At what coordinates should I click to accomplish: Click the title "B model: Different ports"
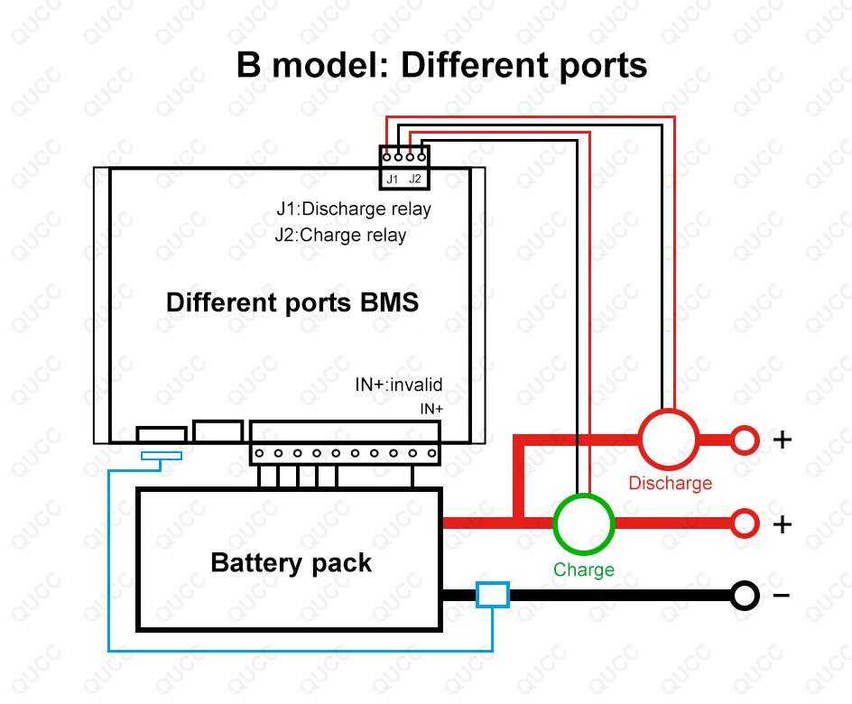tap(441, 65)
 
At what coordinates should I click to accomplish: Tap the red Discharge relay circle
tap(668, 440)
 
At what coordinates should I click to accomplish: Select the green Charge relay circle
tap(583, 523)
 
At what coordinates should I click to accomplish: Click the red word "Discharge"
tap(670, 483)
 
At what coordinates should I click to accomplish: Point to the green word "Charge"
tap(583, 570)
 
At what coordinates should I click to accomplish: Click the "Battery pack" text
tap(291, 562)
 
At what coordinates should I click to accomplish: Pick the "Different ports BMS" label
tap(292, 301)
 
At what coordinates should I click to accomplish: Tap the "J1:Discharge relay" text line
tap(354, 208)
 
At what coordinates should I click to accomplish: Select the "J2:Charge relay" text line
tap(341, 236)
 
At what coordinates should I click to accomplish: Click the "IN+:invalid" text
tap(398, 385)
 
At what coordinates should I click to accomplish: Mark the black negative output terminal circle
tap(745, 595)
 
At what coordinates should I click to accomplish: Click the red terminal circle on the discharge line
tap(745, 440)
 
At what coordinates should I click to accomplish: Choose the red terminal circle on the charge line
tap(745, 523)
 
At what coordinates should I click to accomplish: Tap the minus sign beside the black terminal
tap(782, 595)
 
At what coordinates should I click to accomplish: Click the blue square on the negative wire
tap(493, 595)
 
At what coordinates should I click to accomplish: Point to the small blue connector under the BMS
tap(162, 455)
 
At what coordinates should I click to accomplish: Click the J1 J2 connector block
tap(403, 168)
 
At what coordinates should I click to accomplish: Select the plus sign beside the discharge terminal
tap(782, 440)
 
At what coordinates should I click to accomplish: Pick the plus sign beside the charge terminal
tap(782, 523)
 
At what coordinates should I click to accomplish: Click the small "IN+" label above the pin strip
tap(431, 409)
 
